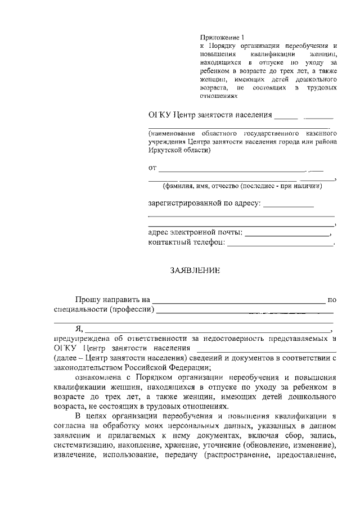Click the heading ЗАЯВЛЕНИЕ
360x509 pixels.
pos(195,270)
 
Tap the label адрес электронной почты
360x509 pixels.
pos(195,232)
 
